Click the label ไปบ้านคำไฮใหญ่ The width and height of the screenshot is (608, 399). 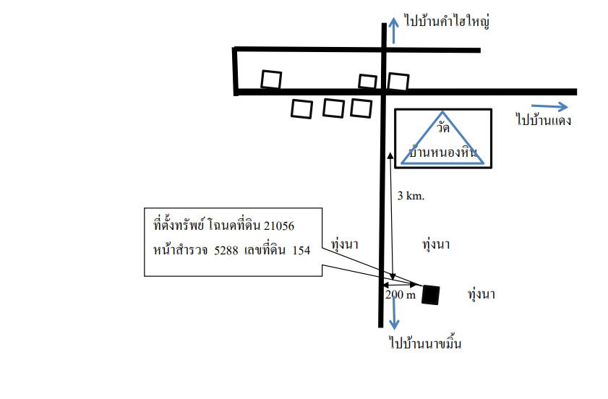447,22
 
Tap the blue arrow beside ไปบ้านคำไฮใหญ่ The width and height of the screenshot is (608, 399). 393,30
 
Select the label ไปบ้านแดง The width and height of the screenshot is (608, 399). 543,120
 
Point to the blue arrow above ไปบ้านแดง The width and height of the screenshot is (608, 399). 549,107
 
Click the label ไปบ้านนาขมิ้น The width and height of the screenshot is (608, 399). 425,343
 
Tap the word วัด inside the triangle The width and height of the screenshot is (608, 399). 443,127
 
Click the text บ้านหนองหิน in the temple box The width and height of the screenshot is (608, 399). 443,152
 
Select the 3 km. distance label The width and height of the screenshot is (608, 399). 411,195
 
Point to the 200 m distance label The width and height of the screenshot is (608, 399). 401,295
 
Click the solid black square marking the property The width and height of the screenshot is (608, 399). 431,295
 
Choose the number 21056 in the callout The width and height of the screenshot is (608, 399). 279,226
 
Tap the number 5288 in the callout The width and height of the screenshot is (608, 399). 226,251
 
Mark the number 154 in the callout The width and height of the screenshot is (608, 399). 301,251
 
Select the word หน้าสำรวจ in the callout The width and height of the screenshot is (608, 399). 178,249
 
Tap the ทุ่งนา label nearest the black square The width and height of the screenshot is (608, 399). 481,294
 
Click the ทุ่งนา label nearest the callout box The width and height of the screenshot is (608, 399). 344,244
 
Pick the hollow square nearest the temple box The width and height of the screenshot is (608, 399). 398,82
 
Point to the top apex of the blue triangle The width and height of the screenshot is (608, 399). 443,112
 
